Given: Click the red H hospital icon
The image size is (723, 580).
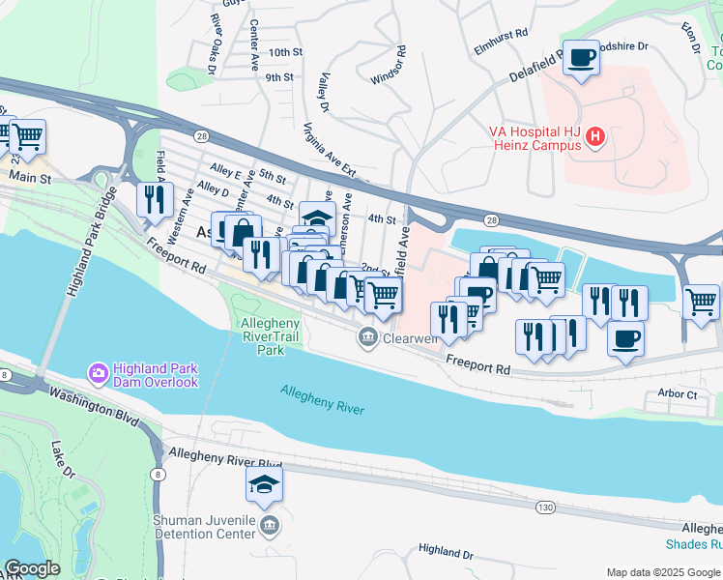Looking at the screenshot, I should (x=595, y=138).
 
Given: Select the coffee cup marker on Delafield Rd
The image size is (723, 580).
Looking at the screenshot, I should (x=581, y=59).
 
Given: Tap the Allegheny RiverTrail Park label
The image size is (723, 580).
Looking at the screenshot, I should (x=263, y=335).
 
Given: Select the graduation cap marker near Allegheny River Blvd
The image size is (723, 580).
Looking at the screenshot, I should (x=264, y=486).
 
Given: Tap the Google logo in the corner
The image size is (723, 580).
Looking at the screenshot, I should (x=32, y=568).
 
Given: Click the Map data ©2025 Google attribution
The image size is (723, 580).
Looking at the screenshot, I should (x=661, y=572).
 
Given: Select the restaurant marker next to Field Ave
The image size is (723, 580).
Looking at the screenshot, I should (x=155, y=199).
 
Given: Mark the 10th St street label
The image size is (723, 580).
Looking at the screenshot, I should (x=286, y=52).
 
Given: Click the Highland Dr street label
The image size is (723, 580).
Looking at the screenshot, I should (x=446, y=552).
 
